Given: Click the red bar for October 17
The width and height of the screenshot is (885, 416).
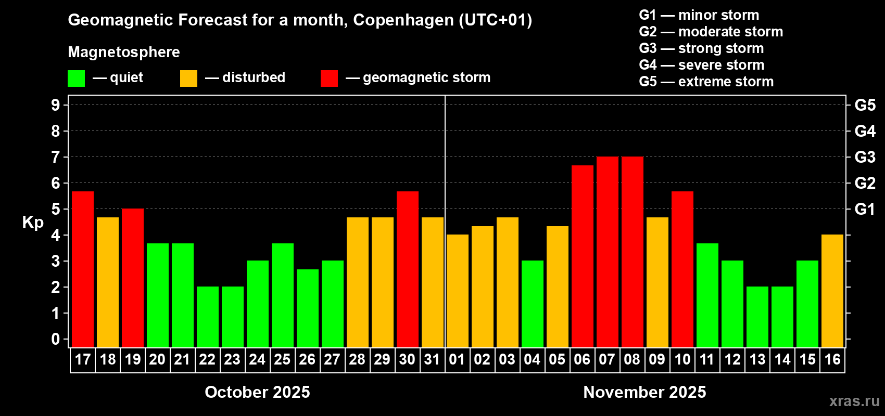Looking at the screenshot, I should click(x=83, y=269).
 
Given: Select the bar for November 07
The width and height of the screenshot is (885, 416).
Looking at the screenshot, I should click(x=608, y=252).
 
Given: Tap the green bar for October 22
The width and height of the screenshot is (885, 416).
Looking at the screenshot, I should click(x=208, y=317).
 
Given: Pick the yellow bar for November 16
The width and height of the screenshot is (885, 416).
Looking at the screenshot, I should click(x=832, y=291).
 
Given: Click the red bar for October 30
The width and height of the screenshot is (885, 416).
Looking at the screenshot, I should click(x=408, y=269).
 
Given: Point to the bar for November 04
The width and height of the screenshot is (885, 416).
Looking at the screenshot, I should click(x=533, y=304).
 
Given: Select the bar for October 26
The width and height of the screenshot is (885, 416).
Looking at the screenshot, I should click(x=308, y=308).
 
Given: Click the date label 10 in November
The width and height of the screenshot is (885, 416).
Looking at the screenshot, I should click(x=682, y=360).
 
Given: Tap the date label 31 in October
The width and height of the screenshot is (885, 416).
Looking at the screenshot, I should click(x=432, y=360).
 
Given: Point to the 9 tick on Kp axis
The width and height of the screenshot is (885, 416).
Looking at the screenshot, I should click(x=56, y=105).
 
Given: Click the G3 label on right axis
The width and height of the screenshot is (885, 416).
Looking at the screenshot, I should click(x=865, y=157).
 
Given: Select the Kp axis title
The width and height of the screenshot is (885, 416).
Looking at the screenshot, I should click(x=33, y=222).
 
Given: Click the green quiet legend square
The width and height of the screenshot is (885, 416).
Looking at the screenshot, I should click(x=77, y=79).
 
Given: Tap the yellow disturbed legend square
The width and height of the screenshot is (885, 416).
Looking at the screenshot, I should click(x=188, y=79).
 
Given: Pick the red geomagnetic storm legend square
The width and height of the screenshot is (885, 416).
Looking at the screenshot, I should click(x=329, y=79).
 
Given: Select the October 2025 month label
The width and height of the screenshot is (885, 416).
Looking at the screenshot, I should click(x=257, y=392).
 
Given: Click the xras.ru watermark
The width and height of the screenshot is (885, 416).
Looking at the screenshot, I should click(x=854, y=401).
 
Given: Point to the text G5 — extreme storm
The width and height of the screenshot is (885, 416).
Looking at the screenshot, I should click(x=706, y=82).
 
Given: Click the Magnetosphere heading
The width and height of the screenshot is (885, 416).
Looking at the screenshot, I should click(x=124, y=52).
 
